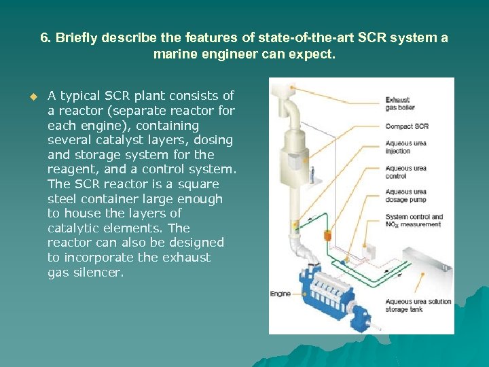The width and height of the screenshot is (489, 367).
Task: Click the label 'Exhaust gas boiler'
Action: click(397, 104)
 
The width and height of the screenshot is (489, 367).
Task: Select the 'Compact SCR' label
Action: click(407, 126)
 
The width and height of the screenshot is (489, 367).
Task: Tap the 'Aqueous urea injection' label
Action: click(405, 147)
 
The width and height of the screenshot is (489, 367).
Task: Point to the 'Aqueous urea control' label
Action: click(405, 172)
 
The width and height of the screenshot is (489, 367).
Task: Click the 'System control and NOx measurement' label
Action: click(414, 220)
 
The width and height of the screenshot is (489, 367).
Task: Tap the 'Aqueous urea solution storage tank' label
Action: click(418, 305)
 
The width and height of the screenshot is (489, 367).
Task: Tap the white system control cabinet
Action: click(367, 252)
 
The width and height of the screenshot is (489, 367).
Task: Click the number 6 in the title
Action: click(44, 38)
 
